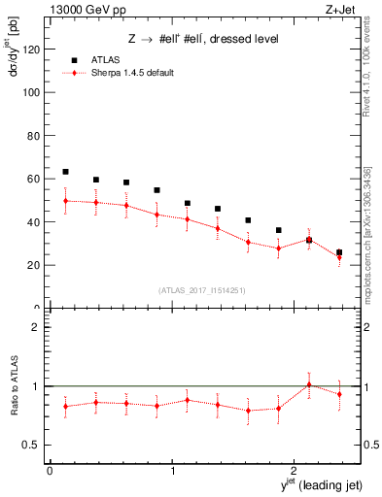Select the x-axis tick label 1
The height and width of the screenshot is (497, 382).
pyautogui.click(x=172, y=471)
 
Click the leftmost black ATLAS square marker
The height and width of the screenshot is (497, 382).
pyautogui.click(x=65, y=172)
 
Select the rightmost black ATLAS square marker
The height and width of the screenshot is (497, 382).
pyautogui.click(x=339, y=252)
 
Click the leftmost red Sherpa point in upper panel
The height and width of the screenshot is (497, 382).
pyautogui.click(x=65, y=201)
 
